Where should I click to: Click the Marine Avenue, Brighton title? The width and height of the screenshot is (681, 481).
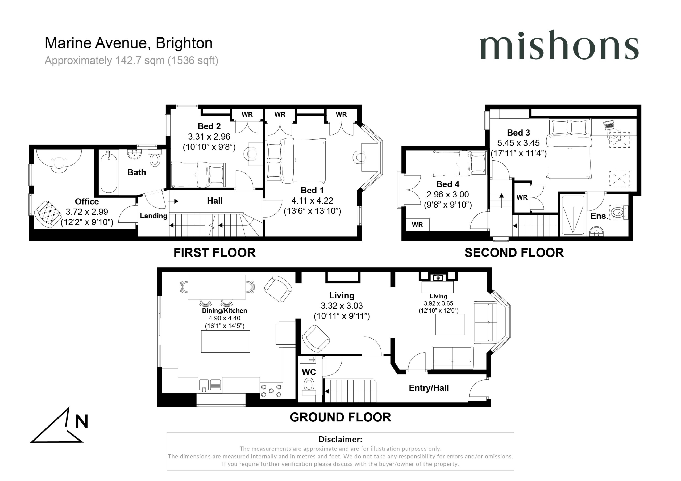tap(129, 43)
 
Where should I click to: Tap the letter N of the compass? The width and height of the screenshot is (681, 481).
tap(82, 421)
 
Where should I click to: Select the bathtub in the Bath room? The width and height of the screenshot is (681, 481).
tap(109, 172)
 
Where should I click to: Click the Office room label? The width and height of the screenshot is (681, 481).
tap(87, 201)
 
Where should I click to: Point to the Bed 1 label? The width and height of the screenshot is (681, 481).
tap(312, 190)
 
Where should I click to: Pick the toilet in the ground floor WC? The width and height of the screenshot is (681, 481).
tap(309, 387)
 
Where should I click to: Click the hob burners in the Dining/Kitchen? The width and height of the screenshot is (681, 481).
tap(271, 391)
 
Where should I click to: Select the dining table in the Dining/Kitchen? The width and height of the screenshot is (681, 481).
tap(217, 287)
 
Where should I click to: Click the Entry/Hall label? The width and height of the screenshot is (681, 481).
tap(429, 388)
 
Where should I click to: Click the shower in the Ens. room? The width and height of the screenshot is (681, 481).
tap(573, 215)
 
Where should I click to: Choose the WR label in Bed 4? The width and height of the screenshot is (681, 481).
tap(417, 225)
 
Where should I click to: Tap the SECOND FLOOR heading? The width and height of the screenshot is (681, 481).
tap(514, 253)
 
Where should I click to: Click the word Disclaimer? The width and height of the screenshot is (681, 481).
tap(340, 439)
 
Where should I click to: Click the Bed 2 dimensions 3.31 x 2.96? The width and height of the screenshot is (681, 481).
tap(209, 137)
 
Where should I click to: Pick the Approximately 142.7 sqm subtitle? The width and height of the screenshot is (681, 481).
tap(131, 61)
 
